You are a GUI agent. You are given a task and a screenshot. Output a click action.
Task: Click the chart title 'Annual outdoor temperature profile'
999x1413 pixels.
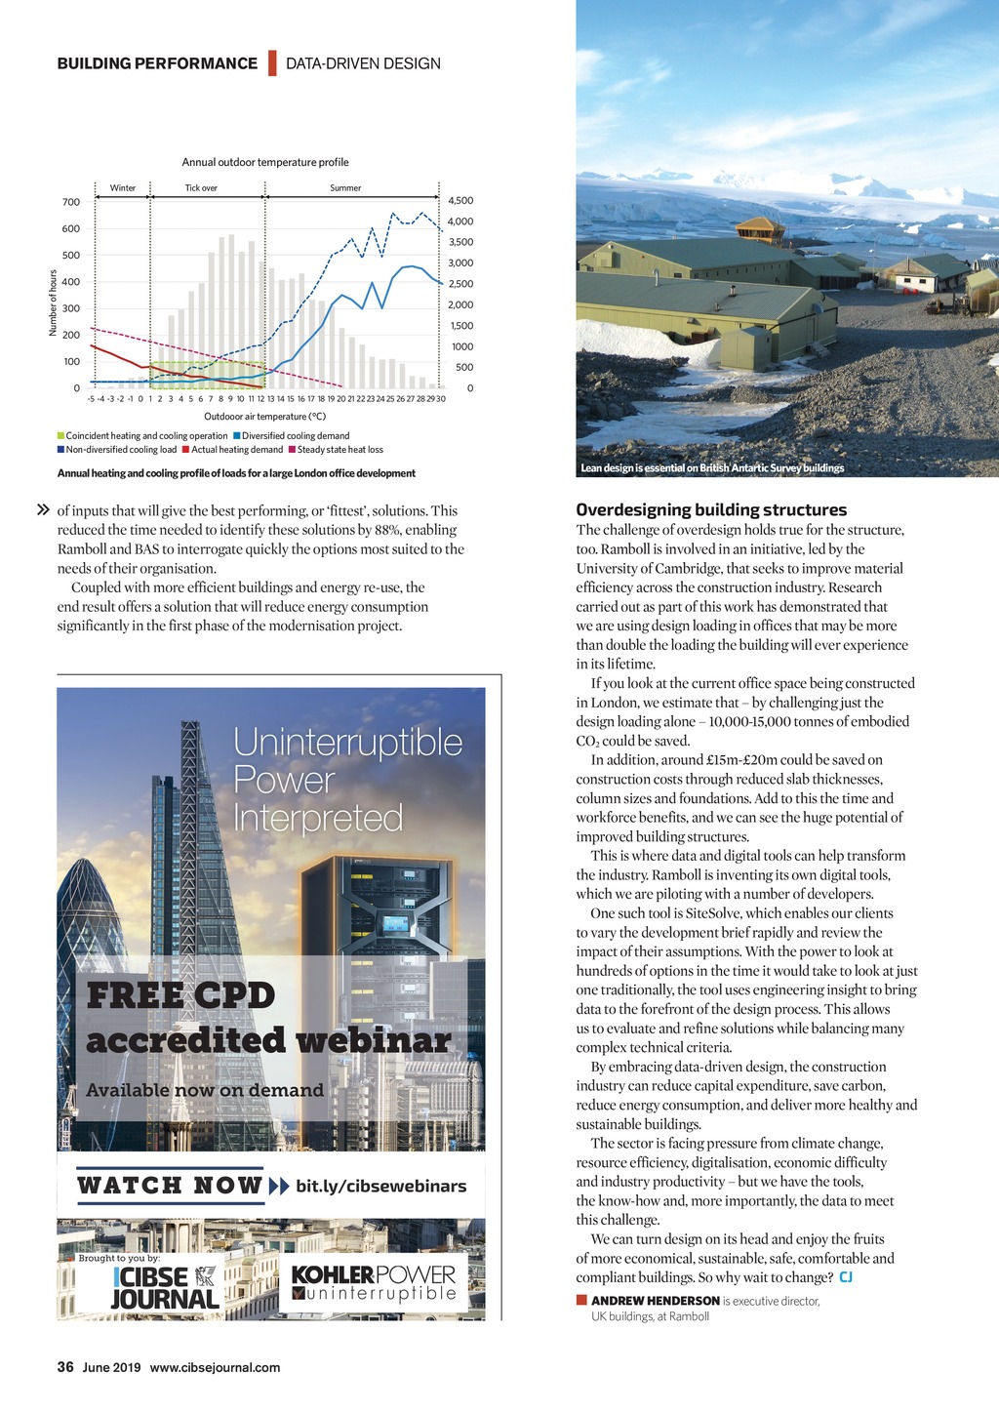click(x=265, y=162)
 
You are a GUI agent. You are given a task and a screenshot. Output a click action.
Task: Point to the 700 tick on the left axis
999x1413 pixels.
click(x=71, y=202)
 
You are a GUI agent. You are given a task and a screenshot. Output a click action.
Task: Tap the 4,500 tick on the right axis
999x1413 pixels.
click(x=460, y=200)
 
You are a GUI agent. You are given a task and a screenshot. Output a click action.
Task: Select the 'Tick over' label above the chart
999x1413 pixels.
click(x=201, y=188)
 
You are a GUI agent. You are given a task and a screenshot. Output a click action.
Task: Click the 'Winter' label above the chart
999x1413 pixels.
click(x=123, y=188)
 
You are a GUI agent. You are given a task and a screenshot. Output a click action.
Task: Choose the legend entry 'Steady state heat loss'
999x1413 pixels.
click(x=340, y=450)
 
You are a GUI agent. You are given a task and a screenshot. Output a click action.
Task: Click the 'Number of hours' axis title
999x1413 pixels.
click(x=53, y=303)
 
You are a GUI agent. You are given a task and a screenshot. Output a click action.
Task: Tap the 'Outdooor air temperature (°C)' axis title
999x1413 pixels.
click(x=264, y=417)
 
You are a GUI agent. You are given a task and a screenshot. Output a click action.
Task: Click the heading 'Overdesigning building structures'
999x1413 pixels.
click(x=711, y=509)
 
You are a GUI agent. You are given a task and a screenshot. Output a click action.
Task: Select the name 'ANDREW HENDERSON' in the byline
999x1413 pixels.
click(x=655, y=1301)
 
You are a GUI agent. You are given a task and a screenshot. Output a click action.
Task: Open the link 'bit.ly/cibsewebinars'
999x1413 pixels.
click(x=380, y=1186)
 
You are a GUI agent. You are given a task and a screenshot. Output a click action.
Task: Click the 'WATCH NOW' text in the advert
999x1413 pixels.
click(x=170, y=1186)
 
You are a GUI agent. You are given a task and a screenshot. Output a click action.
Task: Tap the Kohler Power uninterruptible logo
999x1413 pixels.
click(x=374, y=1283)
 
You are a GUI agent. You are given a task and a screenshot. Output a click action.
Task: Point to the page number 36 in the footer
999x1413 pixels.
click(x=65, y=1367)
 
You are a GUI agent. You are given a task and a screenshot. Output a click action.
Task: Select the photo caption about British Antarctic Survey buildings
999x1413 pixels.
click(x=712, y=468)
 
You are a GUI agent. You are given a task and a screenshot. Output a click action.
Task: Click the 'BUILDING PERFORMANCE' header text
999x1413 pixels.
click(x=157, y=63)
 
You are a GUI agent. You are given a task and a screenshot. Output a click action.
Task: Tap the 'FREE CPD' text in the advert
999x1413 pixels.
click(x=180, y=995)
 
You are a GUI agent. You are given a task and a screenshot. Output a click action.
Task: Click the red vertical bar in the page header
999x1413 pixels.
click(x=272, y=63)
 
